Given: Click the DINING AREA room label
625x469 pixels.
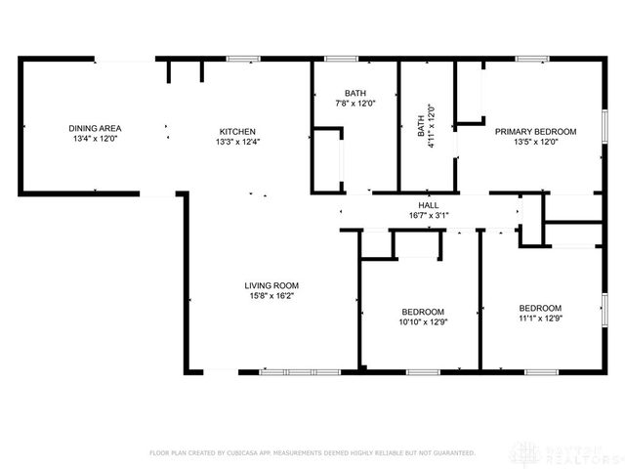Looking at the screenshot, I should click(95, 129).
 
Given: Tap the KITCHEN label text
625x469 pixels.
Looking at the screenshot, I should click(237, 131).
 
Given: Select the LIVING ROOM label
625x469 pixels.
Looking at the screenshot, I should click(271, 285).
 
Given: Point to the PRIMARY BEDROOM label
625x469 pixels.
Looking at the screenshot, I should click(535, 131).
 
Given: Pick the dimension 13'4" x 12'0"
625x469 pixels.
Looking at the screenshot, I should click(95, 140).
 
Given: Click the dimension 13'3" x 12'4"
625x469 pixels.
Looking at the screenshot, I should click(237, 142).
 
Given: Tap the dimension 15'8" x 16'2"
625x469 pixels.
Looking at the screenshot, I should click(271, 296).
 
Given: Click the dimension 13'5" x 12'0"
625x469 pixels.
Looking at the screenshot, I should click(535, 142).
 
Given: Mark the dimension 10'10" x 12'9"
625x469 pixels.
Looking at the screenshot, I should click(421, 321).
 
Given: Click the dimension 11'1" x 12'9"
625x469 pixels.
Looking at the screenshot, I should click(540, 318).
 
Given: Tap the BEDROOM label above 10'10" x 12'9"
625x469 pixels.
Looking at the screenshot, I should click(421, 311).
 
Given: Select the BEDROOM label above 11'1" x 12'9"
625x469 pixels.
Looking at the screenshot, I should click(540, 307).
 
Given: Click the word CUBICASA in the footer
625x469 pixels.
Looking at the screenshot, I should click(258, 453).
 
